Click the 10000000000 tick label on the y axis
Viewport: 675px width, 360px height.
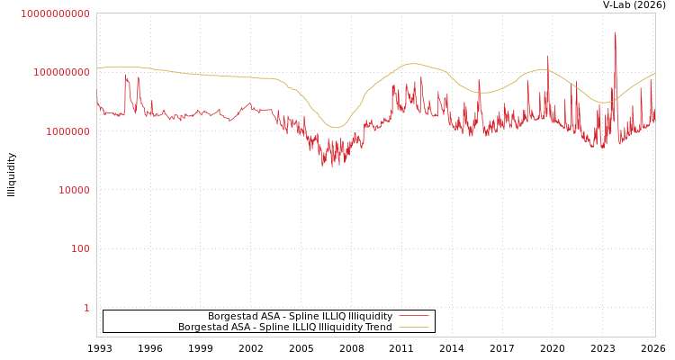(55, 13)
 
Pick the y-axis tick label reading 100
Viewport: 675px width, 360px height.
(80, 248)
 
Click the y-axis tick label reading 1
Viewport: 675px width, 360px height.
(86, 308)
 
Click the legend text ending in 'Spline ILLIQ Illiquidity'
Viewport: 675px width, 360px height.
(300, 317)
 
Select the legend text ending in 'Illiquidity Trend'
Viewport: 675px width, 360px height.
(284, 328)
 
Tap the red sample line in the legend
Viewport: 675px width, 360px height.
(413, 317)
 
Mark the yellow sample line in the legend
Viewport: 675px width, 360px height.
(413, 328)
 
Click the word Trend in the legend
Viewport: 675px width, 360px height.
(378, 328)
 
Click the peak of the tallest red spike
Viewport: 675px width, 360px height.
(615, 32)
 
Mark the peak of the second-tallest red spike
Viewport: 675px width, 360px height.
(547, 56)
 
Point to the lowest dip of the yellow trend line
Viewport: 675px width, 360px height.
(336, 127)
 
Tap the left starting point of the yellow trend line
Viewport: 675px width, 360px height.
(97, 68)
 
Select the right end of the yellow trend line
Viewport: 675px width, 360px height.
(654, 74)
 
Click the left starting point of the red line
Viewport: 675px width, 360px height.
(97, 96)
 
